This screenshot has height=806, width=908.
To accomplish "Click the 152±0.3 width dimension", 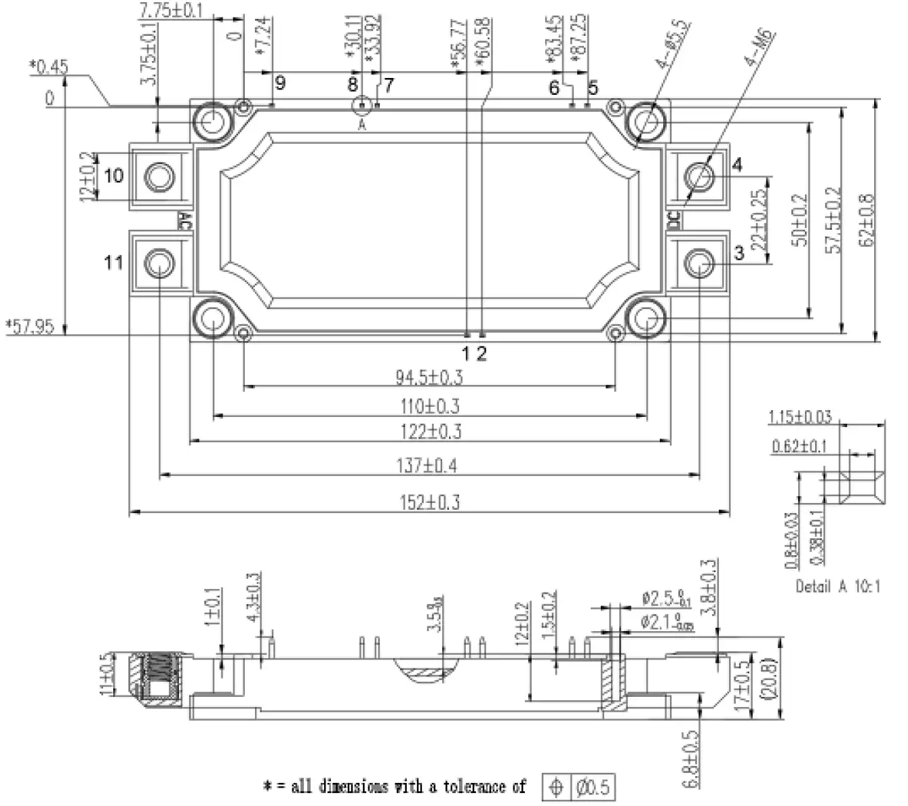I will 429,502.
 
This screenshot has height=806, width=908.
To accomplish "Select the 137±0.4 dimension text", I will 427,466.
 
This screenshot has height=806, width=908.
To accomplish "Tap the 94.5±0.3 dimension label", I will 429,377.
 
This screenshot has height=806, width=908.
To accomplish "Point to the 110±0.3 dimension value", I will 429,406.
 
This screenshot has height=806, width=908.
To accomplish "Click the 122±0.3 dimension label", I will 429,432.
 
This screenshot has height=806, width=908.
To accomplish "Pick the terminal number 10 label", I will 113,176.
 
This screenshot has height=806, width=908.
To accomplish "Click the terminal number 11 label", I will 113,262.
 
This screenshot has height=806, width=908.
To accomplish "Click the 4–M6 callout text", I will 759,49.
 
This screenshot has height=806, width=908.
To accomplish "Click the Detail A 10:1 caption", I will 838,586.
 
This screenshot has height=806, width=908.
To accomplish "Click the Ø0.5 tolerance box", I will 592,787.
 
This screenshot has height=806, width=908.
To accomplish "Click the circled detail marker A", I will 361,106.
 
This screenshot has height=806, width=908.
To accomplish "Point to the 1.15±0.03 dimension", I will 800,417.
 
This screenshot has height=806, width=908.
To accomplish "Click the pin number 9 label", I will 279,83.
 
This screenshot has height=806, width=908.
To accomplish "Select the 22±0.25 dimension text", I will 760,219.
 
